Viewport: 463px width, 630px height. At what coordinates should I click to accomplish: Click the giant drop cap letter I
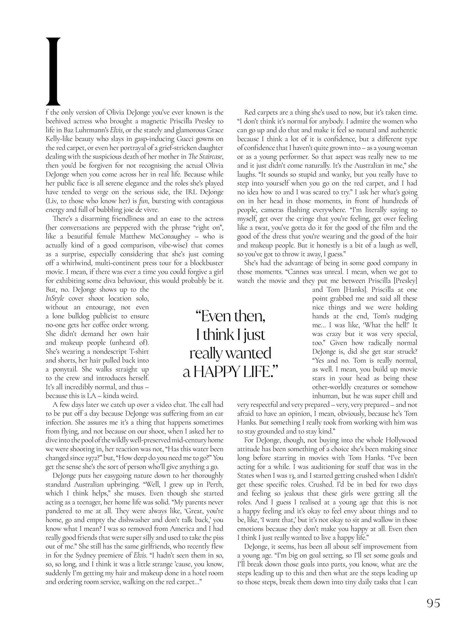pos(53,70)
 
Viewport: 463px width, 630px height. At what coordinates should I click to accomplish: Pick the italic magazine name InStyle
pos(55,299)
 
